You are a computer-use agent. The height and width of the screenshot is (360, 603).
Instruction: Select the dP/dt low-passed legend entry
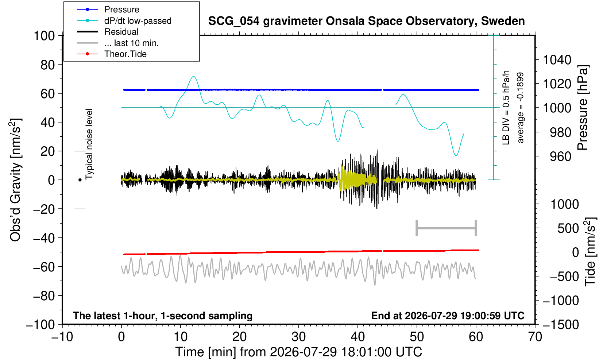(124, 21)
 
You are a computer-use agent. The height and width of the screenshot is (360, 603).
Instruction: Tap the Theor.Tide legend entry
(112, 54)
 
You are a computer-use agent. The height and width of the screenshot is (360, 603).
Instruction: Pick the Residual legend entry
(108, 32)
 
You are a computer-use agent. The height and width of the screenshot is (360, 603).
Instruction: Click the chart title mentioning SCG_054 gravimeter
(366, 21)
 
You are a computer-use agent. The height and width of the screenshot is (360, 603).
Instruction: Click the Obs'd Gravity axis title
(15, 180)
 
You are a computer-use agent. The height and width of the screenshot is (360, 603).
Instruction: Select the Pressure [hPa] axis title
(583, 108)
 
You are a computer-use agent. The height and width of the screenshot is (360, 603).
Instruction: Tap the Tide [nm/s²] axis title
(590, 252)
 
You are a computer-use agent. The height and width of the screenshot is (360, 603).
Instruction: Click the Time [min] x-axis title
(298, 352)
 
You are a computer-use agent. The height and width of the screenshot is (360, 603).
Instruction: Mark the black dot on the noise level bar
(80, 180)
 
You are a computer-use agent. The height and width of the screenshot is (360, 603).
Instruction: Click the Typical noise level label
(89, 144)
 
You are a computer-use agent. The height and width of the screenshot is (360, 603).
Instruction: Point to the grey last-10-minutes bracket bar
(447, 228)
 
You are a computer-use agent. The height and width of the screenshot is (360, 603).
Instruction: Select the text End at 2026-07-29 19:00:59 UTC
(448, 316)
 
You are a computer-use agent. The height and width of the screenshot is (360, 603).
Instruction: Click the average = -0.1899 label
(521, 108)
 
